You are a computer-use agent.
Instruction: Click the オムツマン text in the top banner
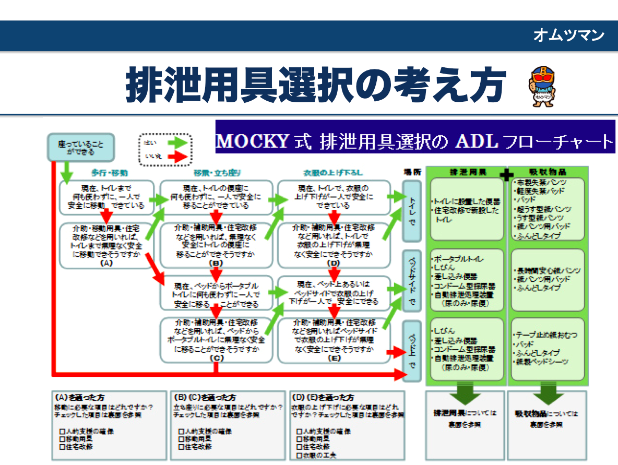[x=568, y=35]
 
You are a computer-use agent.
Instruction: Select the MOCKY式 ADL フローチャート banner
[x=415, y=141]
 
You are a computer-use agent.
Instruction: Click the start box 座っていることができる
[x=80, y=148]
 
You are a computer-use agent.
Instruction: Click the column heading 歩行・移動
[x=110, y=173]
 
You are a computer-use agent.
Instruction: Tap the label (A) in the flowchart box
[x=106, y=263]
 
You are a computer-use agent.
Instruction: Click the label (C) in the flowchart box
[x=216, y=359]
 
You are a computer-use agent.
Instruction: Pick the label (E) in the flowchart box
[x=334, y=359]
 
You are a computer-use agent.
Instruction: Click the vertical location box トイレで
[x=412, y=211]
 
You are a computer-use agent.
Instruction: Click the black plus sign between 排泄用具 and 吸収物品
[x=506, y=176]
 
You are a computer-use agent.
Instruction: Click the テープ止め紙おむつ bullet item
[x=546, y=334]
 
